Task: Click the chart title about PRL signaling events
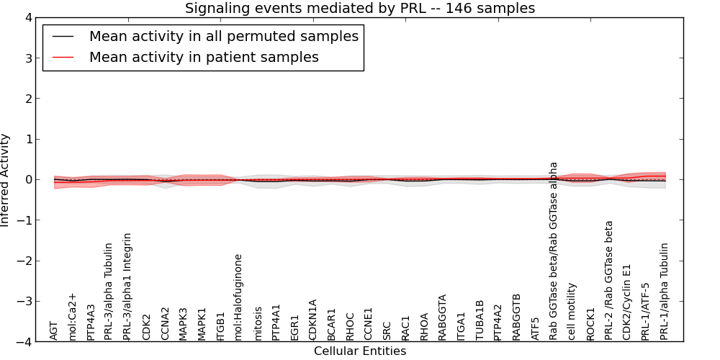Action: point(360,9)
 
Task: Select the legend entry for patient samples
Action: point(204,57)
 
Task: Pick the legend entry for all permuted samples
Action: point(223,36)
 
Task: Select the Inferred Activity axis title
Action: point(6,180)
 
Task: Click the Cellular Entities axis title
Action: point(360,351)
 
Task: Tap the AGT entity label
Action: point(54,330)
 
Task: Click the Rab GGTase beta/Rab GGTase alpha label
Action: point(554,251)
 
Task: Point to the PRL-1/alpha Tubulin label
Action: point(665,291)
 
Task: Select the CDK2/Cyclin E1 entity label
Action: point(628,300)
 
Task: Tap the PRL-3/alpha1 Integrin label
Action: point(128,286)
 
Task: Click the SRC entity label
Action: point(387,330)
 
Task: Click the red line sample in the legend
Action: point(63,57)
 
